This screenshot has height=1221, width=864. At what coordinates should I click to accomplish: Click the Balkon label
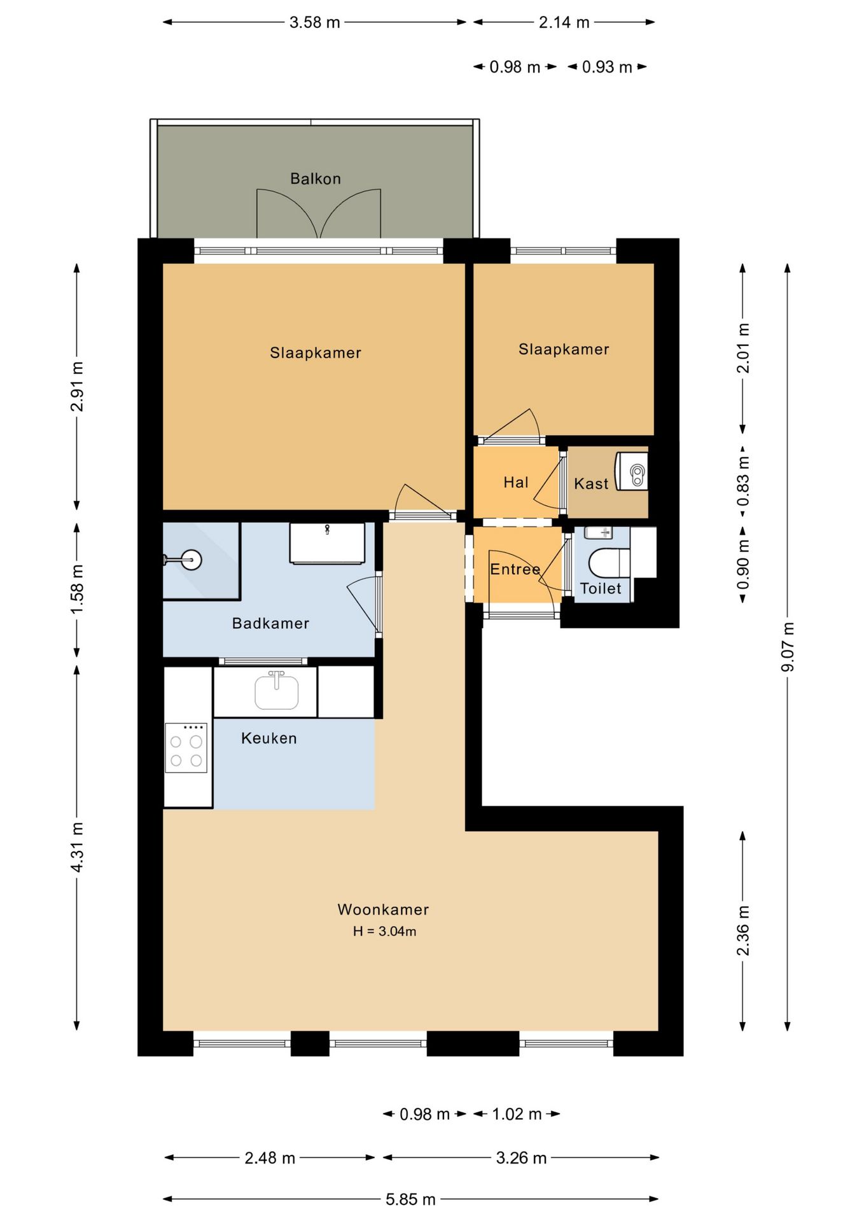click(316, 179)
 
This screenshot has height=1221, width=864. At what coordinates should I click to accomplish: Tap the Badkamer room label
click(270, 623)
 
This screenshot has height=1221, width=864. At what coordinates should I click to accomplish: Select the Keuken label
click(269, 738)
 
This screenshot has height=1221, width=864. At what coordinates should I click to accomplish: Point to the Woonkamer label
click(383, 909)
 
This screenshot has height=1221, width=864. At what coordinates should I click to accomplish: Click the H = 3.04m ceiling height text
click(384, 932)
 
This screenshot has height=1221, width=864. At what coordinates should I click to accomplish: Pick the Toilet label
click(601, 588)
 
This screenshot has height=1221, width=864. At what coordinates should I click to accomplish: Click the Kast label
click(591, 484)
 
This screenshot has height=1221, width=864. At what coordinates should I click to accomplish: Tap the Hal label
click(516, 483)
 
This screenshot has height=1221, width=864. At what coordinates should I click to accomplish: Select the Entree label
click(515, 569)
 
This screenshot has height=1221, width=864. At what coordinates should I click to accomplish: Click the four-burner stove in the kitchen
click(186, 748)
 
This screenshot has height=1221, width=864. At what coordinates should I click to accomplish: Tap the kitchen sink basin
click(277, 692)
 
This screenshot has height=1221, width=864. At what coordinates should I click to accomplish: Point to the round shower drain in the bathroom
click(190, 560)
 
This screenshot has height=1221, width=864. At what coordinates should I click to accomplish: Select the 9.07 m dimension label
click(788, 647)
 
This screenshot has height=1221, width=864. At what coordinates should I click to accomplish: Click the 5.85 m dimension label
click(410, 1199)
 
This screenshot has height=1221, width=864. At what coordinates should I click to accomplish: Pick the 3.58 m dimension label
click(315, 22)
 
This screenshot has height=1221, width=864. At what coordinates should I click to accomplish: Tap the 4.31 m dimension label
click(77, 848)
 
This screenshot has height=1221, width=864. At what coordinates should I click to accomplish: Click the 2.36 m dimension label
click(743, 930)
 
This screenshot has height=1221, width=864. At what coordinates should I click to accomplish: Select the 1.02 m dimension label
click(517, 1114)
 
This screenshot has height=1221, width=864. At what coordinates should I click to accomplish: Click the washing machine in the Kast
click(631, 471)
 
